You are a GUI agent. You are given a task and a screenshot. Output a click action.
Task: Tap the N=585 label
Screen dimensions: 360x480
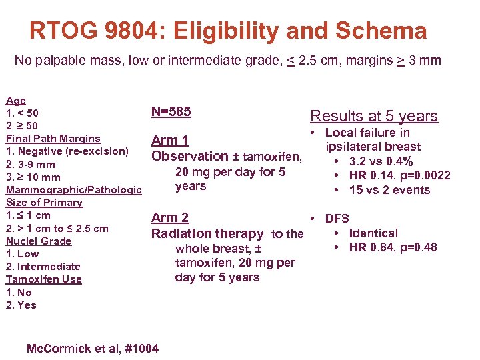[x=171, y=111]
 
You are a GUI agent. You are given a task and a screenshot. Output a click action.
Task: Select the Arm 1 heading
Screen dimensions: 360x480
[x=170, y=140]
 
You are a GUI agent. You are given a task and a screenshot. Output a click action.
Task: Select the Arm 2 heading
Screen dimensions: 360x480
[x=170, y=217]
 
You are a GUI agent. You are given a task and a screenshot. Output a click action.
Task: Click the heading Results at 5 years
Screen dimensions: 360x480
[x=374, y=116]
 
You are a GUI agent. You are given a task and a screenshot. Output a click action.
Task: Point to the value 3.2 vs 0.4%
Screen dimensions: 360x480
[x=381, y=161]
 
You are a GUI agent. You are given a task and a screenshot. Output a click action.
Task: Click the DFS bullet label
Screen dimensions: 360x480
[x=337, y=218]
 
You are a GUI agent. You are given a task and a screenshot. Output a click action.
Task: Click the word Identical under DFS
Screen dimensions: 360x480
[x=373, y=233]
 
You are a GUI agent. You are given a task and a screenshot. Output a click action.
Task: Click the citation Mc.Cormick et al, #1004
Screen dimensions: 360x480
[x=92, y=347]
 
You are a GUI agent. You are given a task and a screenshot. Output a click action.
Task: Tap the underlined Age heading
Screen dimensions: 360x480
[x=15, y=101]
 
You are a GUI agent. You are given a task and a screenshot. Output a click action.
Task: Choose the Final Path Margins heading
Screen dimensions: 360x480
[x=53, y=139]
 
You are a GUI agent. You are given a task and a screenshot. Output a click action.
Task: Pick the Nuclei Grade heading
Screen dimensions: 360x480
[x=38, y=241]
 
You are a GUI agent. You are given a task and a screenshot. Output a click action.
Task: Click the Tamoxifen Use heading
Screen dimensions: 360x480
[x=43, y=279]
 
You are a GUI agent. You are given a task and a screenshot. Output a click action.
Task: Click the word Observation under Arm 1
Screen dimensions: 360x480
[x=190, y=157]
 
